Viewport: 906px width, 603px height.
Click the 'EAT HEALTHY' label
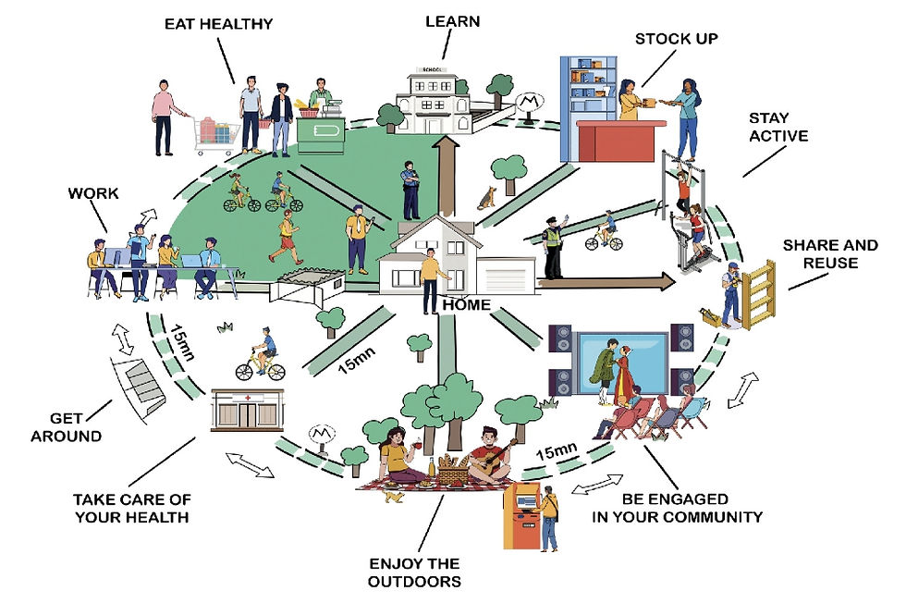pos(219,23)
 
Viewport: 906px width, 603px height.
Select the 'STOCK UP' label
pos(676,39)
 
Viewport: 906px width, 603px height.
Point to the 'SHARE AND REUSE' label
pos(830,254)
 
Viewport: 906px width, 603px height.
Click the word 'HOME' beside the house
pos(467,304)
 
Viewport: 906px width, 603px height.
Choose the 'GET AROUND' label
pos(66,427)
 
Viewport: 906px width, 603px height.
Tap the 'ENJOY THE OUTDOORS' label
pos(414,572)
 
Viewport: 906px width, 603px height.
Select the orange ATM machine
pos(521,515)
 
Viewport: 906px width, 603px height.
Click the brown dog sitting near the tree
pos(486,196)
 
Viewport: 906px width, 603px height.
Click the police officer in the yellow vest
pos(553,247)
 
